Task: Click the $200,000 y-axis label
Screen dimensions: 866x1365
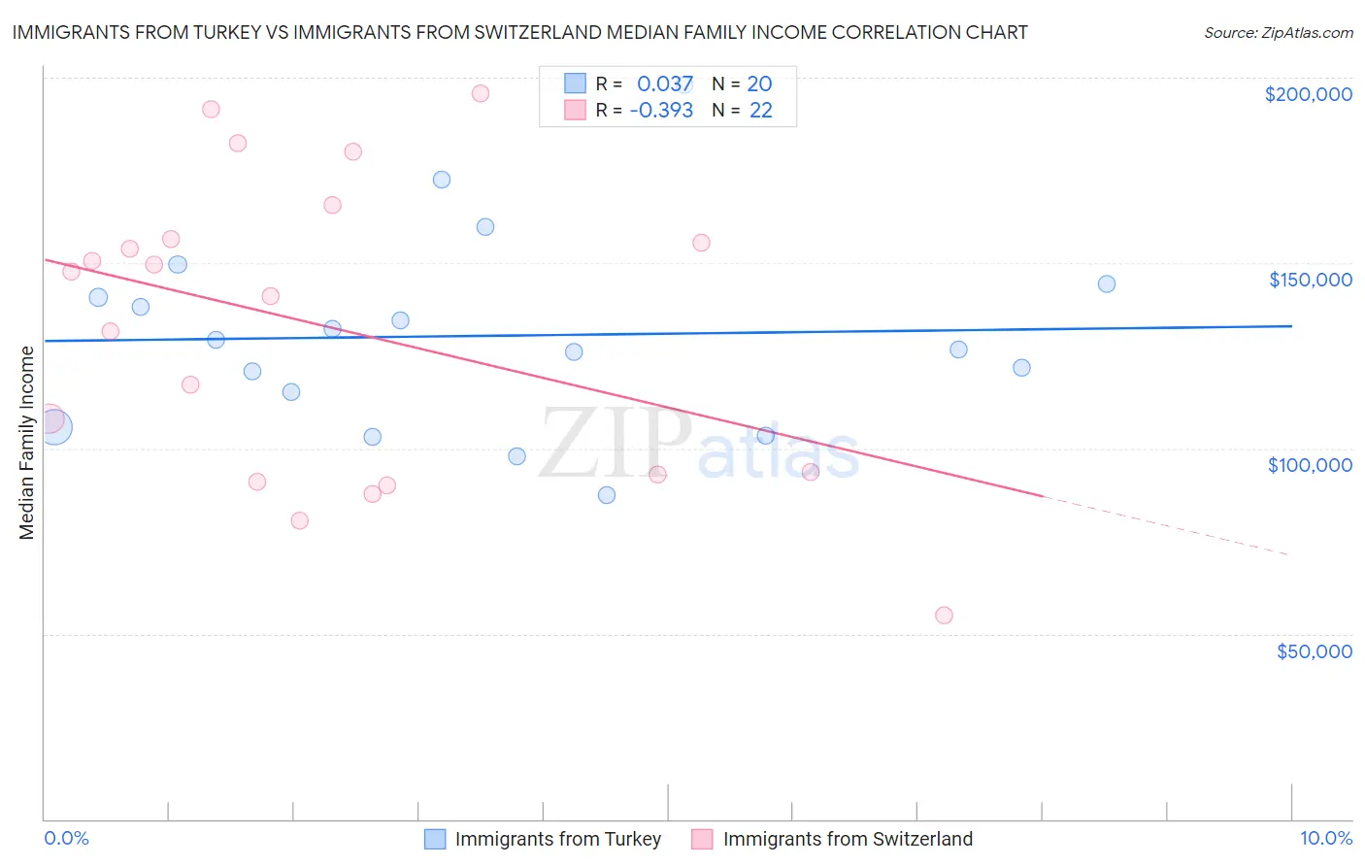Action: (1308, 94)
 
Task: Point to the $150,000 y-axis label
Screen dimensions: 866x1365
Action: (1310, 280)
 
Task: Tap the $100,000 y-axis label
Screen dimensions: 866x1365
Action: (1310, 465)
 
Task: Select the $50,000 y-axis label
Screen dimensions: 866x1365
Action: (1314, 651)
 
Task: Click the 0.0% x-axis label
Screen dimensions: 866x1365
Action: (67, 838)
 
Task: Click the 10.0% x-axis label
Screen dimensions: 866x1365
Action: (1325, 838)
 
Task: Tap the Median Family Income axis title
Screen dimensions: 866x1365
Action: (27, 443)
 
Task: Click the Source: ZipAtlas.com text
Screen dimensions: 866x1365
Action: (1278, 33)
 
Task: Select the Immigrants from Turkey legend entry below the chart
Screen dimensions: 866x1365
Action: (544, 839)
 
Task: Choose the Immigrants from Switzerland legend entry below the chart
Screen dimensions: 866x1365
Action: (832, 839)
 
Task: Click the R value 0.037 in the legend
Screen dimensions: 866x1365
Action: (665, 84)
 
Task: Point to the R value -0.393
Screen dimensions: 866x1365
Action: (661, 111)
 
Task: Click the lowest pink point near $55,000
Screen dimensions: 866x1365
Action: (944, 616)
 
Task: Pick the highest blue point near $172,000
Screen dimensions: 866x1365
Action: (442, 180)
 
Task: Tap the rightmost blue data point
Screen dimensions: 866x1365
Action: (1107, 284)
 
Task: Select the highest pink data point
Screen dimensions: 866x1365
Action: (480, 94)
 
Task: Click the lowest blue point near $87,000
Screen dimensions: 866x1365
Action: (607, 495)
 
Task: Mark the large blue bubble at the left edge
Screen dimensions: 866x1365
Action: (54, 426)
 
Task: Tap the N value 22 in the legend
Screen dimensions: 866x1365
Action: (761, 111)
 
